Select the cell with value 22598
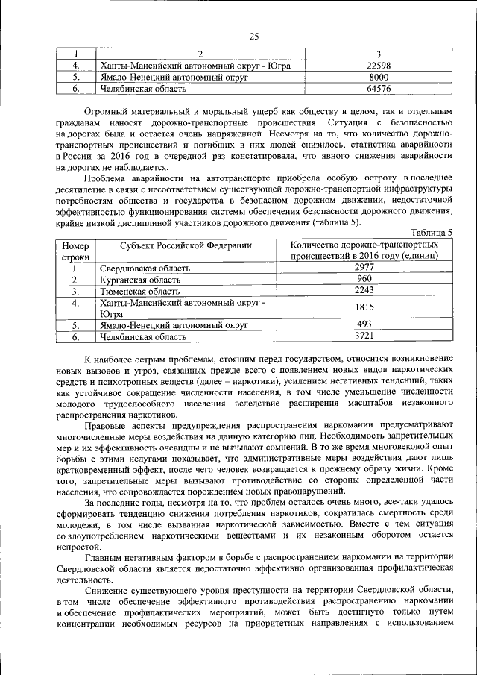click(379, 66)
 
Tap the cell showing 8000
click(379, 77)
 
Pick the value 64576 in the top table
click(379, 89)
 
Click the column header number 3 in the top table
click(379, 54)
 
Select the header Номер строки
click(75, 250)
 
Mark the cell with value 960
click(364, 279)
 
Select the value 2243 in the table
click(364, 290)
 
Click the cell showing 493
click(364, 324)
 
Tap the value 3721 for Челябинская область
click(364, 336)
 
